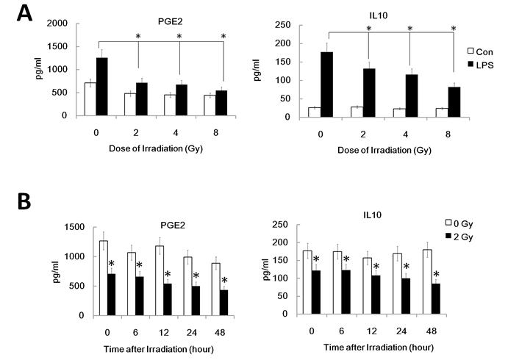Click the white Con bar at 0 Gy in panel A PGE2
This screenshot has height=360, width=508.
(x=90, y=99)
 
